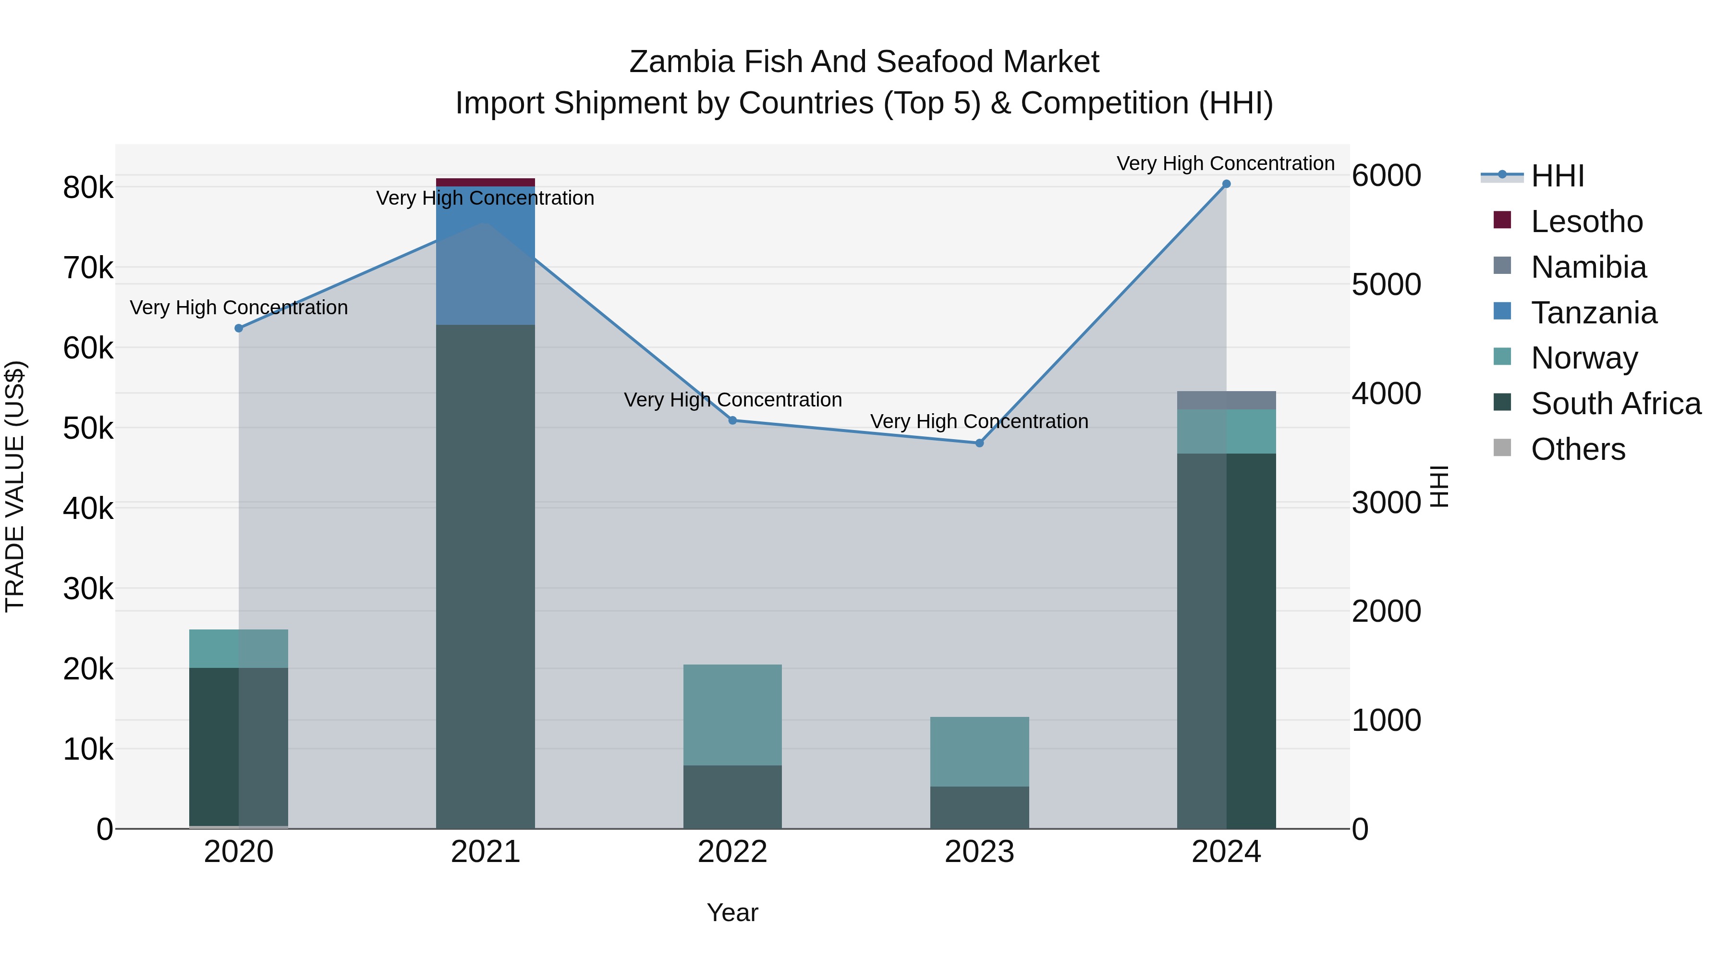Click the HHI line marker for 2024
pos(1226,184)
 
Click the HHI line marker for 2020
pos(239,328)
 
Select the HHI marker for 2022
pos(732,420)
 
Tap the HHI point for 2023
pos(979,443)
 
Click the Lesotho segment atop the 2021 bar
pos(485,183)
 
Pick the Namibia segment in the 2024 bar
pos(1226,400)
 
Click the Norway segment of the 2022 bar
pos(732,714)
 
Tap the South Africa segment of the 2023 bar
pos(979,807)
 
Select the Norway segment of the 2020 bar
pos(239,649)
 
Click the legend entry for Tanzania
pos(1594,313)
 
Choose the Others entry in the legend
pos(1577,449)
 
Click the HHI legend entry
pos(1557,176)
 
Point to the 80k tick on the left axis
pos(88,188)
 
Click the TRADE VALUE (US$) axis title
pos(15,486)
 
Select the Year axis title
pos(732,912)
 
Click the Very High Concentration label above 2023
pos(979,422)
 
